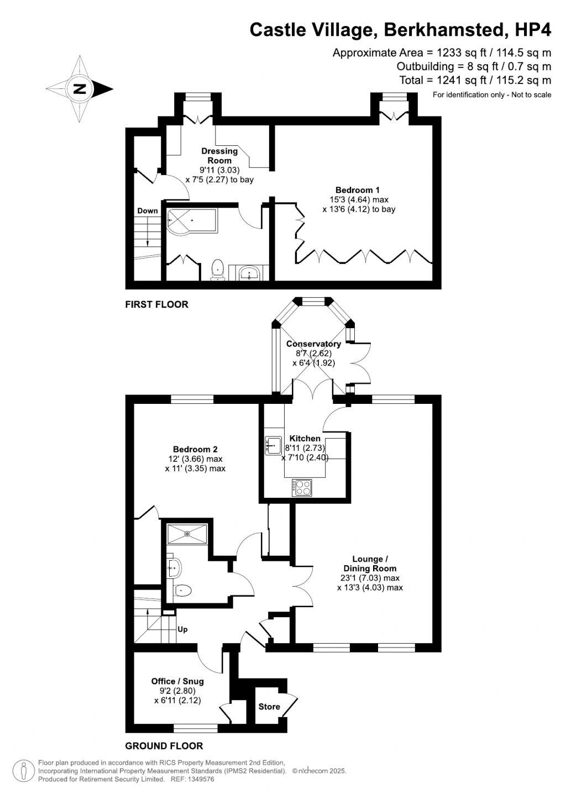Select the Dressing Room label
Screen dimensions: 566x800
pos(219,156)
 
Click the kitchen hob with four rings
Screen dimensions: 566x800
pos(302,487)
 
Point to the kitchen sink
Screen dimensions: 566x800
pos(273,445)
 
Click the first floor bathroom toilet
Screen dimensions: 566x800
pos(217,270)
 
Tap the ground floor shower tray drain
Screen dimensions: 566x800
pos(187,534)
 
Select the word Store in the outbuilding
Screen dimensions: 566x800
pos(269,707)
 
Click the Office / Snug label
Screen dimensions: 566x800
pos(177,681)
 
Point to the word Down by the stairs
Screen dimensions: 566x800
pos(148,210)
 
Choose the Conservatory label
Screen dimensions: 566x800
pos(313,344)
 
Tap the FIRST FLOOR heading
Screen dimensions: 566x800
pos(156,304)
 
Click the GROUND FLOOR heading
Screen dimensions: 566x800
pos(164,746)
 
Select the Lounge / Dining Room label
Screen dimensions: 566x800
pos(370,564)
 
